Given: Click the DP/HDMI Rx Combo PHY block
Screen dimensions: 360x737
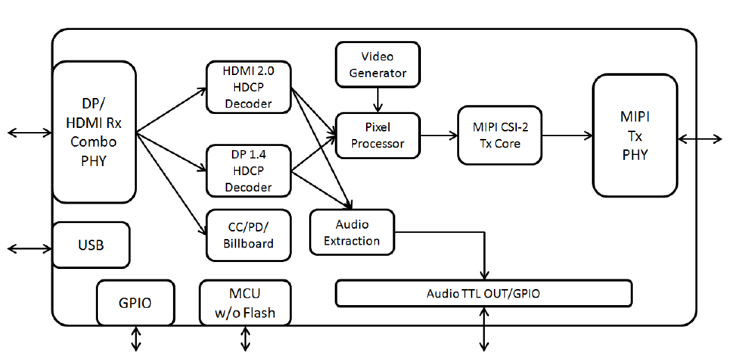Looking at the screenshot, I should (x=94, y=132).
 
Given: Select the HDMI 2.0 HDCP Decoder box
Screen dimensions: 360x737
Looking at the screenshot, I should (x=248, y=88).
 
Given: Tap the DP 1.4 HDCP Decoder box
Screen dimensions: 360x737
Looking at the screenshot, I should (x=248, y=170).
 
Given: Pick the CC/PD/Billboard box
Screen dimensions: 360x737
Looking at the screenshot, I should (x=248, y=235).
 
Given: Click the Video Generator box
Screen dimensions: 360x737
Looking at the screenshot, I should (x=378, y=64).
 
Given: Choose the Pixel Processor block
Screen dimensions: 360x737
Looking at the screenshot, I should (x=378, y=136).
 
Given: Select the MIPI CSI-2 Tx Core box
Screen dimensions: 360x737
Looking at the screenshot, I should (x=499, y=135).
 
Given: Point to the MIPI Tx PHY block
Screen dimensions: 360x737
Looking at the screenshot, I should (x=634, y=136).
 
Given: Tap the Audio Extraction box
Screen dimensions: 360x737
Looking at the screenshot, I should (x=351, y=232).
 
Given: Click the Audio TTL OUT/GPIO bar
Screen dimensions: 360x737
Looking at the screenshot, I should (x=483, y=293).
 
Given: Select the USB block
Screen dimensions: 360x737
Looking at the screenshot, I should (x=91, y=245).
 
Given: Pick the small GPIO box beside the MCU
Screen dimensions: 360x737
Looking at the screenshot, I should (x=135, y=303).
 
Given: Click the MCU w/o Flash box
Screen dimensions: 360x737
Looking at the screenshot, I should (x=245, y=303).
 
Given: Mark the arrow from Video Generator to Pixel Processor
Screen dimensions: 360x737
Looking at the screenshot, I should (x=378, y=99).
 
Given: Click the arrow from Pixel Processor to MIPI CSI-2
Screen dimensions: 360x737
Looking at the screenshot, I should (x=438, y=136).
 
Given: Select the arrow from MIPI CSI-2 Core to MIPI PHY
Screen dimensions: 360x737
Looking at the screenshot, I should (x=567, y=136).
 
